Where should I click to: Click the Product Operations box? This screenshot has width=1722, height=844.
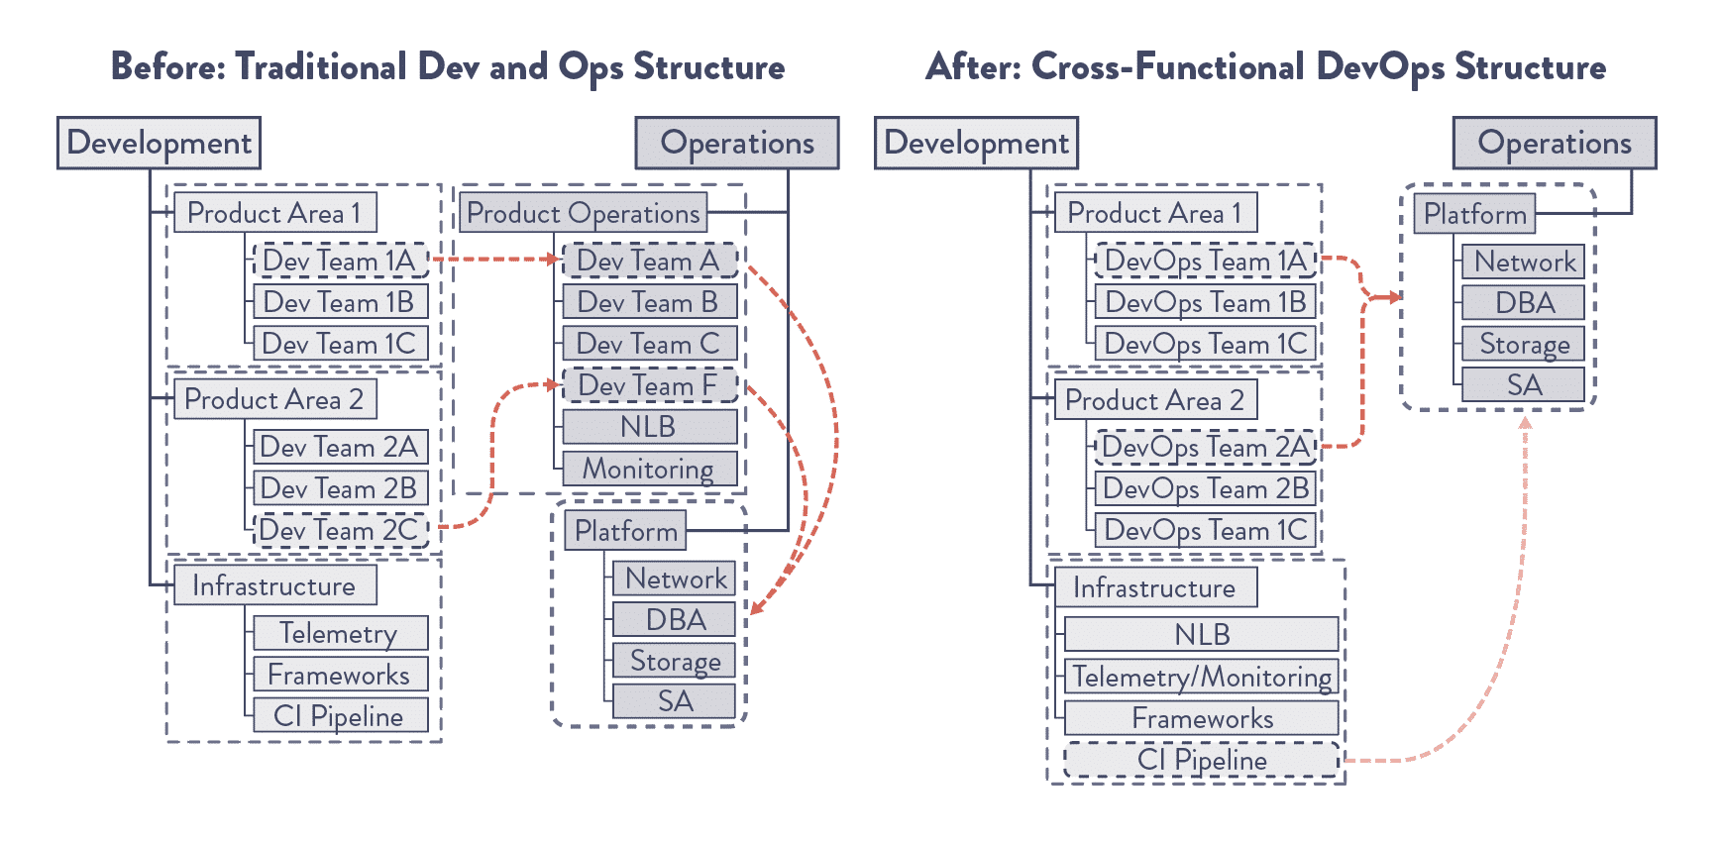click(584, 213)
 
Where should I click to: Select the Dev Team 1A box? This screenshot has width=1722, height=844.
click(341, 261)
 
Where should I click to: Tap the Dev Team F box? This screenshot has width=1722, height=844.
click(650, 385)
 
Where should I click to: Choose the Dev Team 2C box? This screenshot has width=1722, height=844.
click(341, 530)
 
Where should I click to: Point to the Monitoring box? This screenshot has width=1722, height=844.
click(650, 469)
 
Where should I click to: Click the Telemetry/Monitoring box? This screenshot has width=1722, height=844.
click(1202, 677)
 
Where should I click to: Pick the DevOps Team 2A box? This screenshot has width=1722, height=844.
click(1205, 447)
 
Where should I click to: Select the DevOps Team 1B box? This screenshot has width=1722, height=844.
click(1205, 302)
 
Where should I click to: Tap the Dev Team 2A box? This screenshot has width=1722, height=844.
click(341, 447)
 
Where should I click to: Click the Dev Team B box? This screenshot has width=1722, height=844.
click(650, 302)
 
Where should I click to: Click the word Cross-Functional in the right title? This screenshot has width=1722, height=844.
click(1168, 66)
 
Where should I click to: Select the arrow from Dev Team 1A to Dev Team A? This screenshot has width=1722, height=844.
click(495, 260)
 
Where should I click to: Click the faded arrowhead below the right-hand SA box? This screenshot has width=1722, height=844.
click(1526, 423)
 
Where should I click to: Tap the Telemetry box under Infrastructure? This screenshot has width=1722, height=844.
click(341, 633)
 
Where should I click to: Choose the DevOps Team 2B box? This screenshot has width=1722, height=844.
click(1205, 488)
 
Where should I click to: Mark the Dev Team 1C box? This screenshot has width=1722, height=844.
click(341, 344)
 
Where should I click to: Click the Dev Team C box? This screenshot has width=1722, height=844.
click(650, 344)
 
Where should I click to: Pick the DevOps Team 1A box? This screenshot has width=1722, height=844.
click(1205, 261)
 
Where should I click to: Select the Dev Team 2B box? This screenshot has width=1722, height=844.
click(341, 488)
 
